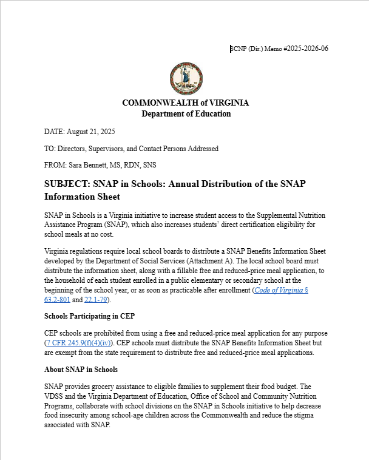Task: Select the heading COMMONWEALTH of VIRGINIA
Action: (x=185, y=103)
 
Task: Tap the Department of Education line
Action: (x=186, y=113)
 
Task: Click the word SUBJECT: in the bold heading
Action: (x=66, y=184)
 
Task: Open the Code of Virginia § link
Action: (x=282, y=290)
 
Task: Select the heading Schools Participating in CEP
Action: (x=89, y=316)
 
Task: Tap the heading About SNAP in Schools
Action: (x=81, y=370)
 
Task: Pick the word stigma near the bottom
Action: (x=316, y=416)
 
